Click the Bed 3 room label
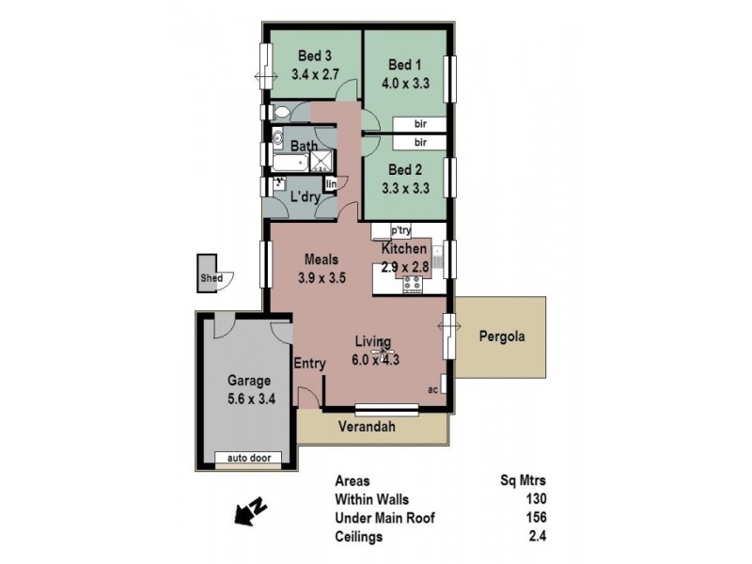314,55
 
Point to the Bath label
303,147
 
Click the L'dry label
305,197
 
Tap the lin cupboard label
331,184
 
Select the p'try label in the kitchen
400,230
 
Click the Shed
209,278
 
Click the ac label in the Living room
432,389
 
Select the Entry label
309,363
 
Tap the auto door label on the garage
249,459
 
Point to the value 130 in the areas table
537,498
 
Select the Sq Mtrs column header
525,479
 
